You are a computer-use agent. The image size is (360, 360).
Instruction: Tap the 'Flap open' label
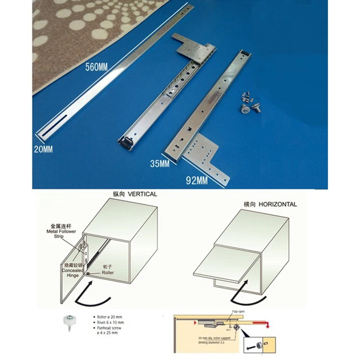click(237, 312)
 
